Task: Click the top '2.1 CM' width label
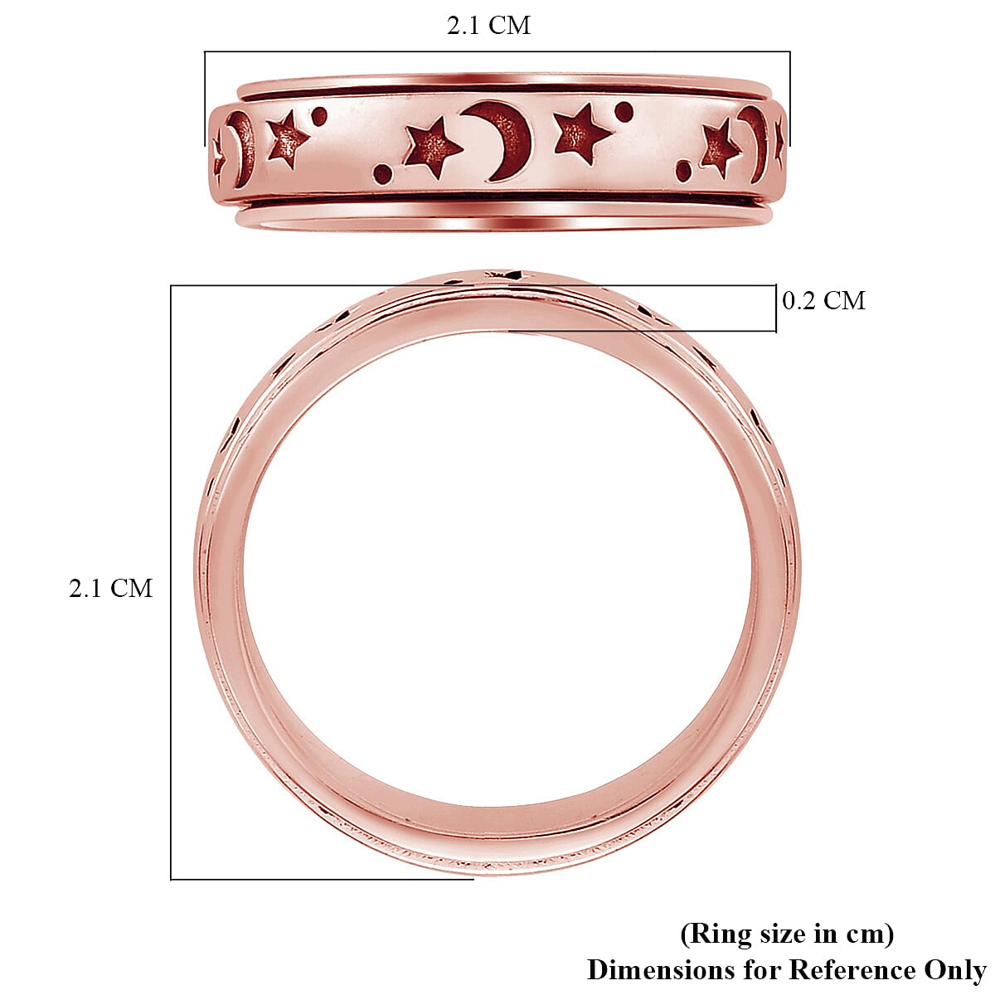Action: click(488, 26)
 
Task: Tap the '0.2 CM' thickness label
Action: click(823, 300)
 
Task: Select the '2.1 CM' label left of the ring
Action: click(110, 588)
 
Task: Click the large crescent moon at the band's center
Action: click(503, 139)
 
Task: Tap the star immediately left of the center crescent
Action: click(432, 148)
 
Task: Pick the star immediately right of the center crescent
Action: click(581, 133)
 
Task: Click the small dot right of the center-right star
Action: click(624, 111)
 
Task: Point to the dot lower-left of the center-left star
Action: click(382, 173)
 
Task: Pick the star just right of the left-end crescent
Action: click(287, 138)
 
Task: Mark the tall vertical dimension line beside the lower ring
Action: click(171, 580)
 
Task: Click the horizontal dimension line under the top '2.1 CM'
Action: click(498, 52)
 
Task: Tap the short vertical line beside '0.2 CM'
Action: click(776, 308)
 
